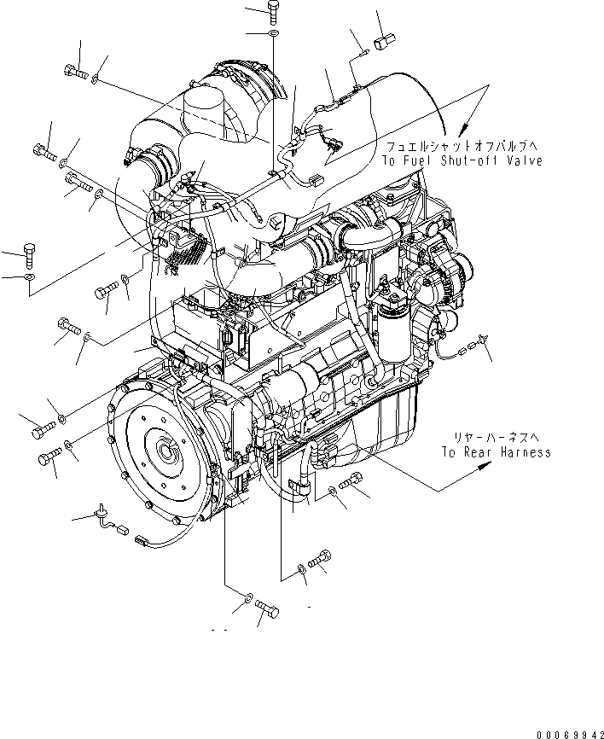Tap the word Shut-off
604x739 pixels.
pos(468,160)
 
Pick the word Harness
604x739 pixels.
pos(526,452)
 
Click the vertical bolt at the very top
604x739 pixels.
pos(272,10)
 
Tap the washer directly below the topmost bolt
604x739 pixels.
pos(272,33)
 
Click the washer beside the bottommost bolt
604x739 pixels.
pos(247,600)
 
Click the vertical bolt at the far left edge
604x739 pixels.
pos(29,254)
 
